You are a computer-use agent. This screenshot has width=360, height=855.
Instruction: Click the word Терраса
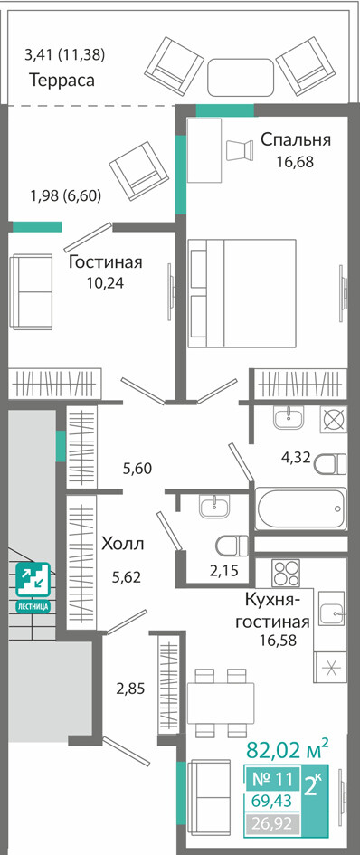[x=62, y=81]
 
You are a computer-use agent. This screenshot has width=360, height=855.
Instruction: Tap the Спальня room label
[x=295, y=139]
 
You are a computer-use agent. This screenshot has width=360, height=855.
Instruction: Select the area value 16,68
[x=295, y=162]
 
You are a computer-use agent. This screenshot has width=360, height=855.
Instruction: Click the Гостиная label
[x=105, y=262]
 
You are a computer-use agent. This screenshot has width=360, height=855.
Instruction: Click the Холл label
[x=123, y=544]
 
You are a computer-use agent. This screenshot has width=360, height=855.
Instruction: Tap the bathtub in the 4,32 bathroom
[x=300, y=508]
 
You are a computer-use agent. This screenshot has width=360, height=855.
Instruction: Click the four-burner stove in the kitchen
[x=287, y=573]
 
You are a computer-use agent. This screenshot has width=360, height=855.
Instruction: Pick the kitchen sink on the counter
[x=332, y=609]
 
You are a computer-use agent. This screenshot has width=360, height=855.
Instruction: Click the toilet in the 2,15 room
[x=232, y=545]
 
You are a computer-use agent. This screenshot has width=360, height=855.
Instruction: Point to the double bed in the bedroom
[x=242, y=293]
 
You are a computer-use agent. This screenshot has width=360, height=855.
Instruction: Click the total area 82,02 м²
[x=288, y=749]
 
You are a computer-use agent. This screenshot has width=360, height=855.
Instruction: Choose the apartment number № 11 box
[x=273, y=778]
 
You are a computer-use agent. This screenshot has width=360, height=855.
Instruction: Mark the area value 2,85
[x=130, y=689]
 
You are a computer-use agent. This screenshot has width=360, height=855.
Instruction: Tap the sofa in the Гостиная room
[x=31, y=291]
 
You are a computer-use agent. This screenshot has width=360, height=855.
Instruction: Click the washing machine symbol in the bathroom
[x=332, y=420]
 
